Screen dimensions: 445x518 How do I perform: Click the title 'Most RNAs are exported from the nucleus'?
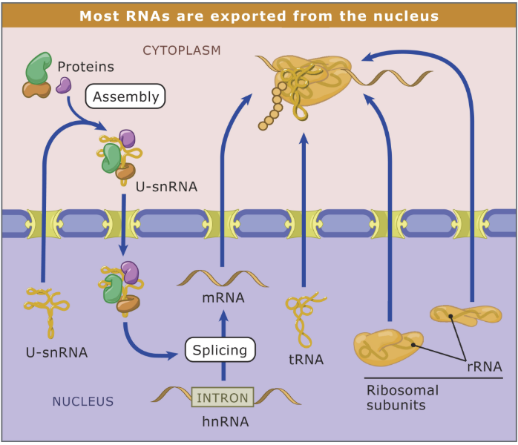click(258, 16)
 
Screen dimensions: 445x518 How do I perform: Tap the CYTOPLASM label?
click(182, 50)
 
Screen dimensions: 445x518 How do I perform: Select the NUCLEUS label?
click(82, 402)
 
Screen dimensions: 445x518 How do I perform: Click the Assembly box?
click(125, 96)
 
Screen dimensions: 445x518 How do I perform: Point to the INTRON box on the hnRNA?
click(223, 398)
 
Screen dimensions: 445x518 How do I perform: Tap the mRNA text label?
click(223, 300)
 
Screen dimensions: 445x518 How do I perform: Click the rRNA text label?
click(484, 366)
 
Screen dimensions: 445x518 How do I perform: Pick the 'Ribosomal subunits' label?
click(402, 398)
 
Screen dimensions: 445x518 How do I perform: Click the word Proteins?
click(86, 67)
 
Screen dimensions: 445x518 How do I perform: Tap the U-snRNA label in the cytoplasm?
click(167, 187)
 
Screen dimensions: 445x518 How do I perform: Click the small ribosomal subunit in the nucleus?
click(465, 315)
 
